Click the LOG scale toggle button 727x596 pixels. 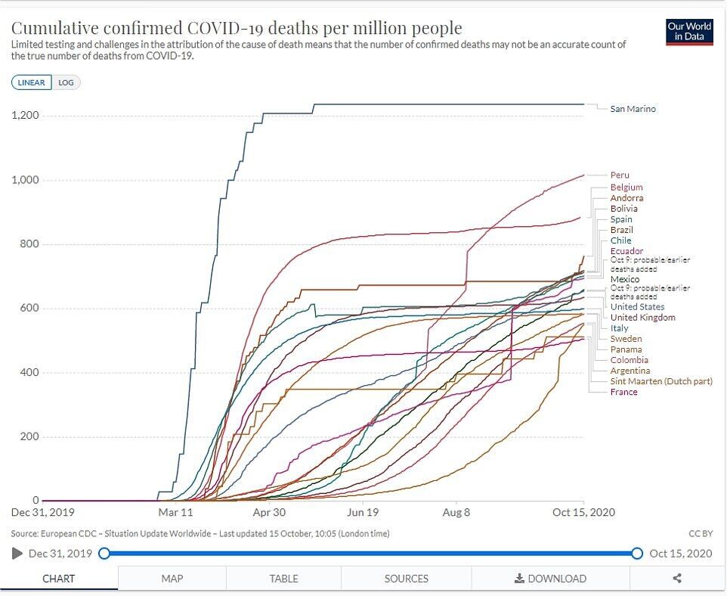(x=67, y=82)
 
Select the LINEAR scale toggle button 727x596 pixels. (x=32, y=82)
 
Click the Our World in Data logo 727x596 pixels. (x=689, y=31)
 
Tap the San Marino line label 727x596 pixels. (x=633, y=109)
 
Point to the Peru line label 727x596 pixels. (x=620, y=175)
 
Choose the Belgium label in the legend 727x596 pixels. (x=626, y=188)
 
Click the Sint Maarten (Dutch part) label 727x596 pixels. (x=661, y=382)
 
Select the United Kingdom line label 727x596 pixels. (x=642, y=318)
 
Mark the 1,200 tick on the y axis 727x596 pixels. (x=25, y=116)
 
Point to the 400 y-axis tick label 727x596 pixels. (x=29, y=373)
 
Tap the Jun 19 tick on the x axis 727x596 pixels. (x=362, y=512)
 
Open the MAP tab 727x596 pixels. (x=172, y=579)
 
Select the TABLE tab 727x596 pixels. (x=283, y=579)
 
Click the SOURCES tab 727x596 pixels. (x=406, y=579)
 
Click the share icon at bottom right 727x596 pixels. (x=677, y=579)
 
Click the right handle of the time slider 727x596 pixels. (x=637, y=554)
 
